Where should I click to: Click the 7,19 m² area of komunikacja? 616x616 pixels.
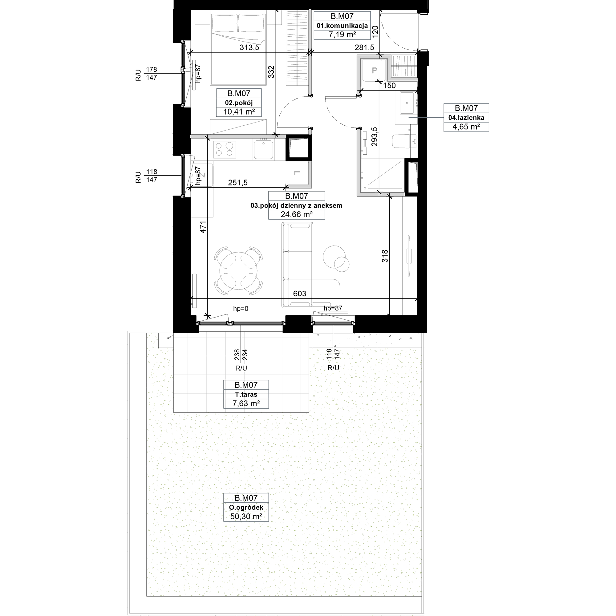[342, 35]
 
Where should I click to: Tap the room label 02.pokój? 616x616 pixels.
[239, 103]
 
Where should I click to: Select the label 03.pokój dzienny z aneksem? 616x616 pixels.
[296, 205]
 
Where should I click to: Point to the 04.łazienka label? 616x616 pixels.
[466, 117]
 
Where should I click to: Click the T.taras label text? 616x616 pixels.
[246, 394]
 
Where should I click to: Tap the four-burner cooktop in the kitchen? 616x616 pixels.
[225, 150]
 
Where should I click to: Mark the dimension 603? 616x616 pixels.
[299, 293]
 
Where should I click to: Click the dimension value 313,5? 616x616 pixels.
[249, 47]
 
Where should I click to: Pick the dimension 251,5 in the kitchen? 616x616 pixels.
[237, 182]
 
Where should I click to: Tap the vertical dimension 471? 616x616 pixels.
[203, 227]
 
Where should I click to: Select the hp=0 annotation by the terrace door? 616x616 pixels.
[241, 308]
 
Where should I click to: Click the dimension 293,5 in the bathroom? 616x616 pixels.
[374, 136]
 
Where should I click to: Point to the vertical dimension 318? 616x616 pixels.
[385, 256]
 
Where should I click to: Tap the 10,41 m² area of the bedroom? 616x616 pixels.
[239, 111]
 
